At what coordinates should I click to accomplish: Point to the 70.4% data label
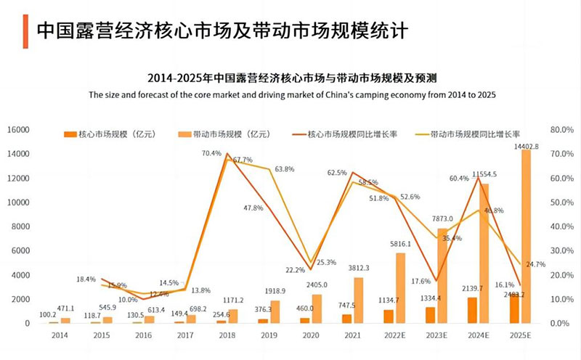pos(211,154)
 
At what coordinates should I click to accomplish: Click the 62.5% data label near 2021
pos(337,173)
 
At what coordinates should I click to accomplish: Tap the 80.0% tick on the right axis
pos(563,130)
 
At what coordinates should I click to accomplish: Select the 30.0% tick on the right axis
pos(563,251)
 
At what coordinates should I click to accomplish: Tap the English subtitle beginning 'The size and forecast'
pos(291,95)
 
